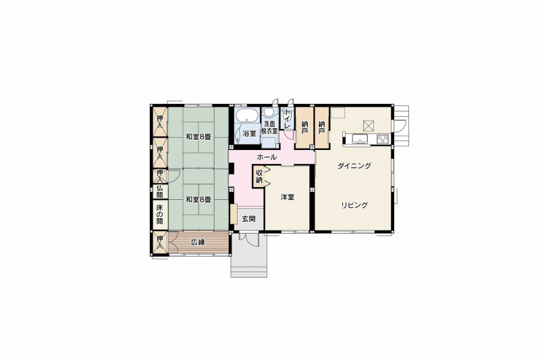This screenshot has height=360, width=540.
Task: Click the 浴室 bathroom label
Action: pyautogui.click(x=249, y=134)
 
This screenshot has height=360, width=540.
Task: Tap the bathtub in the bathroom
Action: pyautogui.click(x=247, y=115)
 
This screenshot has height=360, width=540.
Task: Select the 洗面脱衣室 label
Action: pyautogui.click(x=269, y=128)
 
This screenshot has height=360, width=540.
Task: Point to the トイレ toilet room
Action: pyautogui.click(x=286, y=118)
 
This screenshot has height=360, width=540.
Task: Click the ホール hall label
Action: pyautogui.click(x=267, y=157)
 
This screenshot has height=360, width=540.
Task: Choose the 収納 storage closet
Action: pyautogui.click(x=259, y=176)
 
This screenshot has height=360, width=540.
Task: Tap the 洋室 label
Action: pyautogui.click(x=288, y=197)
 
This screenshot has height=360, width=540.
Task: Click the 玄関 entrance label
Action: pyautogui.click(x=248, y=219)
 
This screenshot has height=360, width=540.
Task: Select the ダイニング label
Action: pyautogui.click(x=354, y=165)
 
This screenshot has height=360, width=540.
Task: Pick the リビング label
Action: pyautogui.click(x=354, y=205)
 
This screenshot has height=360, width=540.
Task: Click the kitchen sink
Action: pyautogui.click(x=360, y=139)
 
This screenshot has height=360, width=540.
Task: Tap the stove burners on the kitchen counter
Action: pyautogui.click(x=382, y=139)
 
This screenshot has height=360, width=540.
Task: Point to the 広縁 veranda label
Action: pyautogui.click(x=198, y=242)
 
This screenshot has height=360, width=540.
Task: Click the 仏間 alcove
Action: pyautogui.click(x=160, y=191)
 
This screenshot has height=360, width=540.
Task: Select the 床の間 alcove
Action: pyautogui.click(x=160, y=214)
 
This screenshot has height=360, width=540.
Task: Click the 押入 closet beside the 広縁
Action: pyautogui.click(x=160, y=243)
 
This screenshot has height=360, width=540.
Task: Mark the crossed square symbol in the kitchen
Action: pyautogui.click(x=368, y=126)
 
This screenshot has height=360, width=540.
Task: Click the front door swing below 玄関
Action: pyautogui.click(x=248, y=239)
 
